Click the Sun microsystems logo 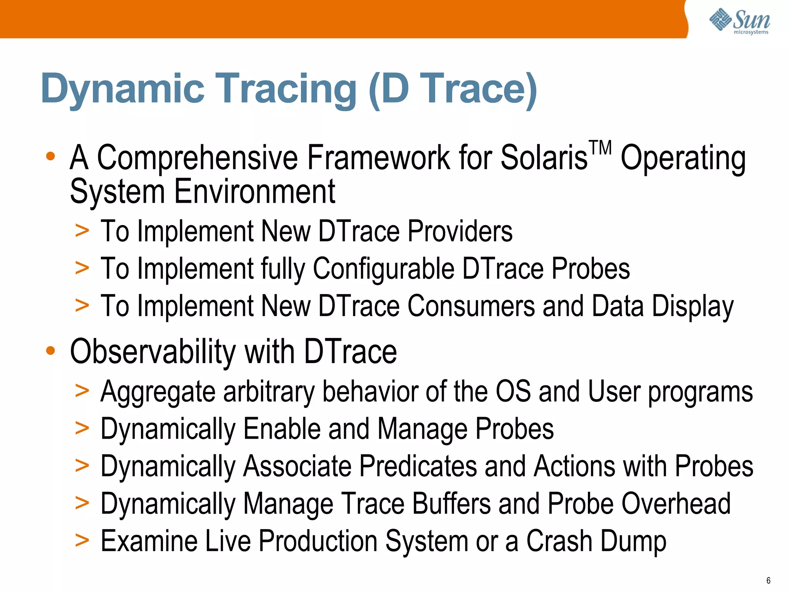pyautogui.click(x=739, y=21)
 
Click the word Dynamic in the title pyautogui.click(x=123, y=89)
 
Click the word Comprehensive pyautogui.click(x=197, y=158)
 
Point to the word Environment pyautogui.click(x=255, y=192)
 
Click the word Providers pyautogui.click(x=460, y=231)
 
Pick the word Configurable pyautogui.click(x=383, y=269)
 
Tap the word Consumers pyautogui.click(x=471, y=306)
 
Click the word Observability pyautogui.click(x=153, y=351)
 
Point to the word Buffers pyautogui.click(x=452, y=503)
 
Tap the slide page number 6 pyautogui.click(x=768, y=580)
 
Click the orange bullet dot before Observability pyautogui.click(x=50, y=351)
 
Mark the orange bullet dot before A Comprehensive pyautogui.click(x=50, y=156)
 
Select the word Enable pyautogui.click(x=282, y=429)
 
